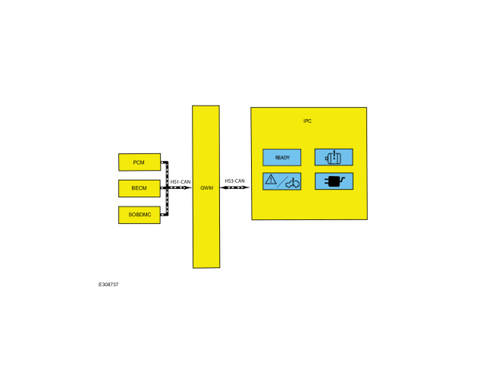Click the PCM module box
click(x=140, y=162)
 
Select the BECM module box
click(x=140, y=188)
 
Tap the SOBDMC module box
click(x=140, y=215)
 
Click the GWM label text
click(x=206, y=187)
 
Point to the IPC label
click(x=307, y=121)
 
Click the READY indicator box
click(x=281, y=157)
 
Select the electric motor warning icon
click(x=334, y=157)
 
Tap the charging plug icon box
click(x=334, y=181)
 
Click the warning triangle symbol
click(x=271, y=180)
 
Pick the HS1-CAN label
click(x=181, y=182)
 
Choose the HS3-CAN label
click(x=234, y=181)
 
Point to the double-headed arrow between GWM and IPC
click(x=235, y=187)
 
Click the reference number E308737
click(x=108, y=285)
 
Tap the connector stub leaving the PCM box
click(x=164, y=162)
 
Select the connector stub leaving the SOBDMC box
click(x=164, y=215)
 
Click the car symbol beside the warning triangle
click(x=293, y=183)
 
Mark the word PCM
click(x=139, y=162)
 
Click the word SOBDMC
click(x=140, y=215)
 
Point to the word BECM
click(x=139, y=188)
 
